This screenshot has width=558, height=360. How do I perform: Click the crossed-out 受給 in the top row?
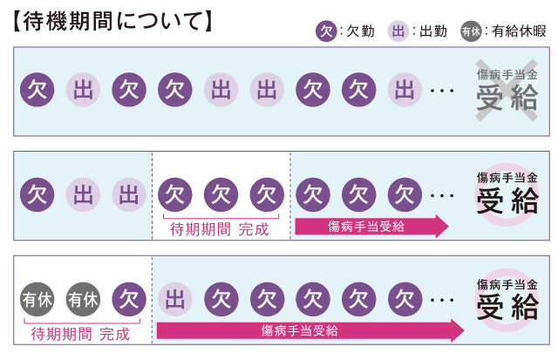[507, 100]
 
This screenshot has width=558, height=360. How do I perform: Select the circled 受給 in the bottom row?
[507, 308]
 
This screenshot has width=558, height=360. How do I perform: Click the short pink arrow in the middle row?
[371, 228]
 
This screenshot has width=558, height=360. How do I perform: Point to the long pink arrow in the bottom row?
[310, 330]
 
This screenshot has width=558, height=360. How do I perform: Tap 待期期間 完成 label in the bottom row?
[80, 333]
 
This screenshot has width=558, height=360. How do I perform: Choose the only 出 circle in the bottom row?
[175, 300]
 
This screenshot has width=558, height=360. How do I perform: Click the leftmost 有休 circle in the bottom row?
[37, 300]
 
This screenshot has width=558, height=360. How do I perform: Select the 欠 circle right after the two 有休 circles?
[129, 300]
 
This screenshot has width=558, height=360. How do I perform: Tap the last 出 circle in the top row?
[403, 90]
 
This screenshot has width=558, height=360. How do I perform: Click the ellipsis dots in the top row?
[443, 91]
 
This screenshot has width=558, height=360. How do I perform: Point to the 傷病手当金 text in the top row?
[507, 76]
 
